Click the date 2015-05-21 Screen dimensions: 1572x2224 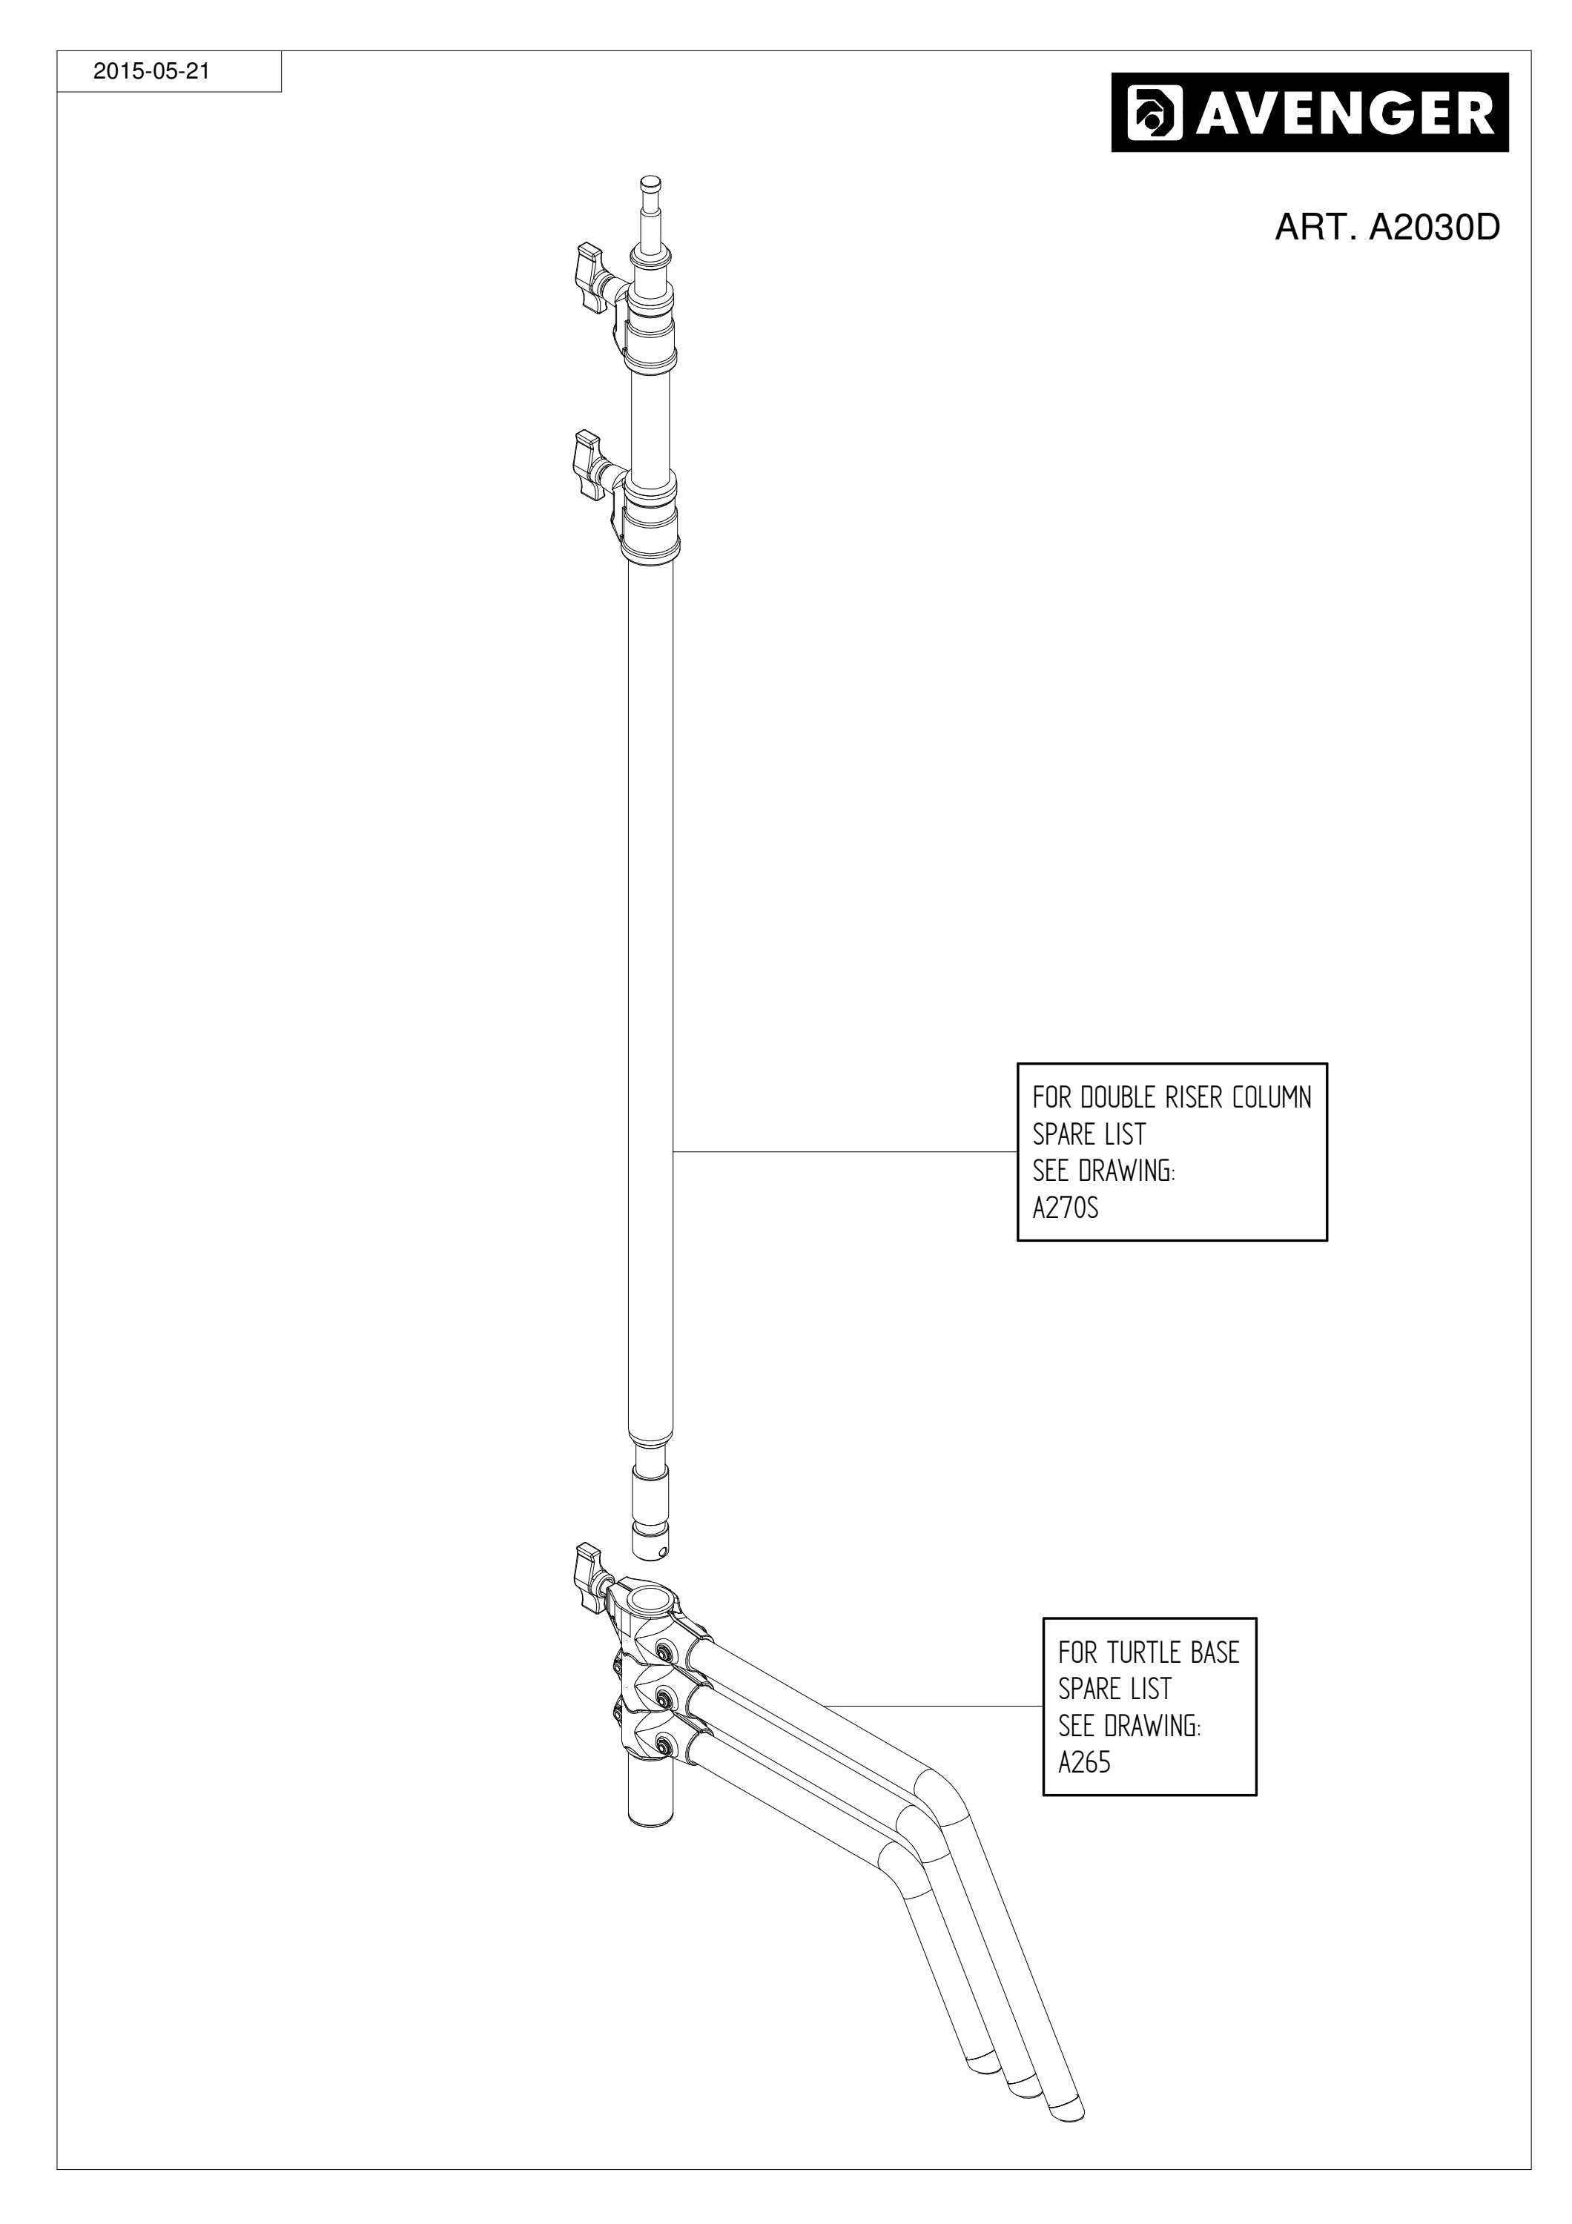[x=150, y=72]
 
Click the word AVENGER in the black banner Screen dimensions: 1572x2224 [x=1345, y=113]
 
